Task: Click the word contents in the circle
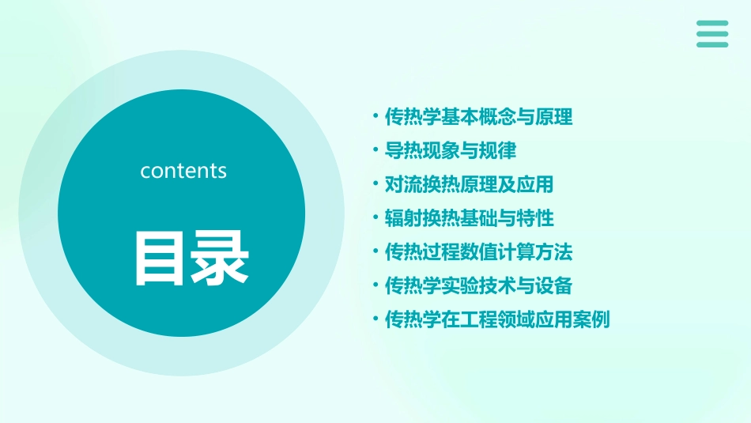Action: (x=183, y=171)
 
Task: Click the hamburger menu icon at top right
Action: (x=712, y=34)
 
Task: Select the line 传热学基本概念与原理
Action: (x=478, y=118)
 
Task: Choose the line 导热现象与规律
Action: (x=450, y=151)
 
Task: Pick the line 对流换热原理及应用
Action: (x=469, y=185)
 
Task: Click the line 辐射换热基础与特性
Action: (x=469, y=218)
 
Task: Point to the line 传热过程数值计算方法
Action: (x=478, y=252)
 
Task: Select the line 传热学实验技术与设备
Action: (x=478, y=285)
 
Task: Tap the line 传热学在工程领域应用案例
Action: (x=497, y=319)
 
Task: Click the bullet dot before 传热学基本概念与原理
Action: (x=375, y=117)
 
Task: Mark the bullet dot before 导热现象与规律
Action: (x=375, y=150)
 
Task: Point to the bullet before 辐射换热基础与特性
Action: (x=375, y=217)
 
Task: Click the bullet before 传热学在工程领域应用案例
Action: (x=375, y=319)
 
